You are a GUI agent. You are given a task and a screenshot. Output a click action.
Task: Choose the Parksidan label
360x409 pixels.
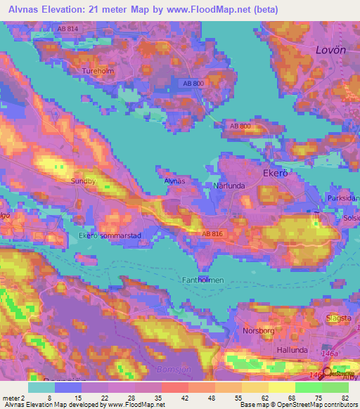[x=343, y=198]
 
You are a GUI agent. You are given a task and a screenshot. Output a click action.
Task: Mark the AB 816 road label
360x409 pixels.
[x=213, y=233]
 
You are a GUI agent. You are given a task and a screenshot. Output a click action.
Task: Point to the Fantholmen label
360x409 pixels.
[x=203, y=280]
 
